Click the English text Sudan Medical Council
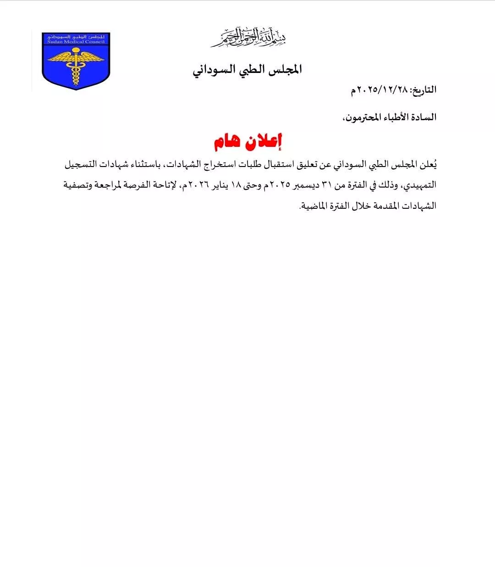(76, 42)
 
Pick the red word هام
(228, 142)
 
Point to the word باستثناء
(151, 164)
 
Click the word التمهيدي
(419, 185)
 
